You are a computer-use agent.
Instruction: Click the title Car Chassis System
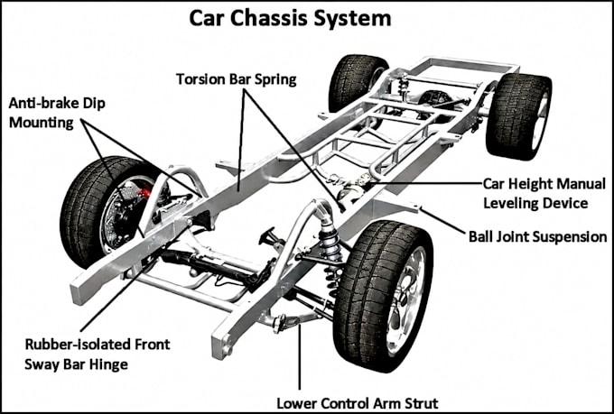(x=290, y=18)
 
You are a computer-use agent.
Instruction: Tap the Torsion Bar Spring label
(x=237, y=79)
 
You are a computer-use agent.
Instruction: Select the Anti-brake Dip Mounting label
(x=57, y=113)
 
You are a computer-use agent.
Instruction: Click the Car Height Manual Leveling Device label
(x=544, y=193)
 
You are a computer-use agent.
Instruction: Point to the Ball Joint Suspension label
(x=537, y=236)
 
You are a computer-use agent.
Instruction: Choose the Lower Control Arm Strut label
(x=358, y=403)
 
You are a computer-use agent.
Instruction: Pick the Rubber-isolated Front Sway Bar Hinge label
(x=98, y=354)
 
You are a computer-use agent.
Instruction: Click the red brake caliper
(x=144, y=193)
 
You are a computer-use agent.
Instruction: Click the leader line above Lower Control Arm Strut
(x=300, y=357)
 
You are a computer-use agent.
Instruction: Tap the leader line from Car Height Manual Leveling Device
(x=425, y=183)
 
